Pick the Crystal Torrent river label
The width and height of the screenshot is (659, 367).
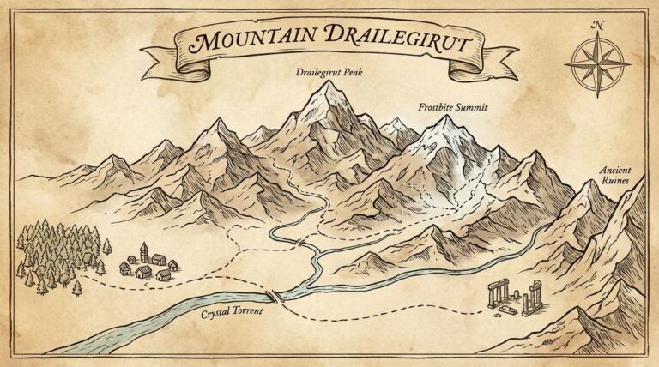(232, 314)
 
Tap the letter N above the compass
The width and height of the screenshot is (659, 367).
(598, 24)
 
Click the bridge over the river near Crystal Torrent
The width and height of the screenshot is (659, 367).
(274, 296)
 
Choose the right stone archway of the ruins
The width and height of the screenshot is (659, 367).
(535, 298)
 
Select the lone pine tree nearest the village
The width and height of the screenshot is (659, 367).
(106, 246)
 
